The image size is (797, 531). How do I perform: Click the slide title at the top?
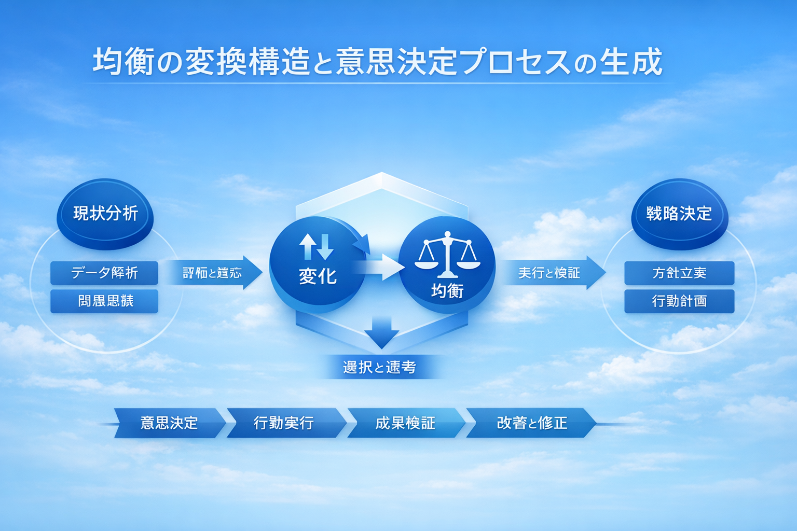(377, 62)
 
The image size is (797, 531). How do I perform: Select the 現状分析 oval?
(105, 214)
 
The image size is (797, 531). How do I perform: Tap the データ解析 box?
(104, 273)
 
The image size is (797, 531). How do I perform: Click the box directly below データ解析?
(104, 301)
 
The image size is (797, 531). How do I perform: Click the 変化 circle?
(317, 264)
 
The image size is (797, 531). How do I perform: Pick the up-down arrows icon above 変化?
(316, 246)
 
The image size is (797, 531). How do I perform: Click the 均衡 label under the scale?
(447, 291)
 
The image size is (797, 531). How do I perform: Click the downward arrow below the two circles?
(381, 332)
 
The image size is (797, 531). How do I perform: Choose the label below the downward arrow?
(379, 367)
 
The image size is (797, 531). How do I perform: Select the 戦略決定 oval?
(679, 214)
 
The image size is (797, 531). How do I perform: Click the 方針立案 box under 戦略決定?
(679, 273)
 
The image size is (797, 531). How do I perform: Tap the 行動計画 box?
(679, 301)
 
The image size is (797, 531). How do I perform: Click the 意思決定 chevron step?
(169, 423)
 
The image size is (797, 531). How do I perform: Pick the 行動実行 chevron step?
(284, 423)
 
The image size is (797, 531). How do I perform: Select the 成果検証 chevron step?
(405, 423)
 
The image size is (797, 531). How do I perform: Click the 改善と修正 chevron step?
(531, 423)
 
